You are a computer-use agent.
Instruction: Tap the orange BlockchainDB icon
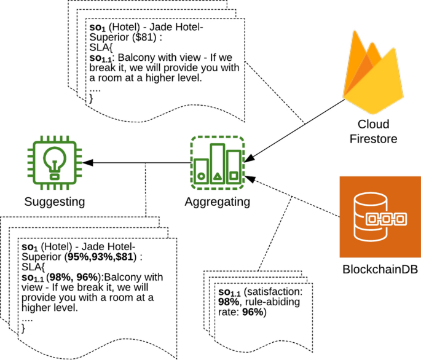click(380, 217)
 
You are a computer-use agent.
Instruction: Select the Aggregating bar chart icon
click(218, 163)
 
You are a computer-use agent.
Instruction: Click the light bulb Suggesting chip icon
click(55, 163)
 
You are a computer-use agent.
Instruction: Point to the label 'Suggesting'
click(55, 202)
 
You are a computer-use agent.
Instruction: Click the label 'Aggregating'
click(218, 202)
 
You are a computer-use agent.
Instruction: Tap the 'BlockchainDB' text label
click(380, 269)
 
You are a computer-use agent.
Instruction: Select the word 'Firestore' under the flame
click(373, 139)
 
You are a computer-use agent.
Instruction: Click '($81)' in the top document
click(144, 37)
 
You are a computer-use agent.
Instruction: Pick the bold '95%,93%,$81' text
click(100, 257)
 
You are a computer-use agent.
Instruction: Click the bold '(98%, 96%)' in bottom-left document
click(73, 277)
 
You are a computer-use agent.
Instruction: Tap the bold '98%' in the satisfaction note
click(229, 302)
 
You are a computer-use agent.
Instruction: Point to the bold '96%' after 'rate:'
click(253, 312)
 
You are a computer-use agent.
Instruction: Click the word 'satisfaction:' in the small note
click(273, 292)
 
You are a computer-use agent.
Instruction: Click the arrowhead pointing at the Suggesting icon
click(88, 163)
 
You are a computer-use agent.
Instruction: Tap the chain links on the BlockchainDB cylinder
click(386, 219)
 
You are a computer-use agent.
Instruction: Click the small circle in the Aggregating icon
click(202, 176)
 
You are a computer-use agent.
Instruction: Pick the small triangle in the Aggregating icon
click(218, 176)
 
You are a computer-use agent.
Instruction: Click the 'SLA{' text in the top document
click(101, 47)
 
